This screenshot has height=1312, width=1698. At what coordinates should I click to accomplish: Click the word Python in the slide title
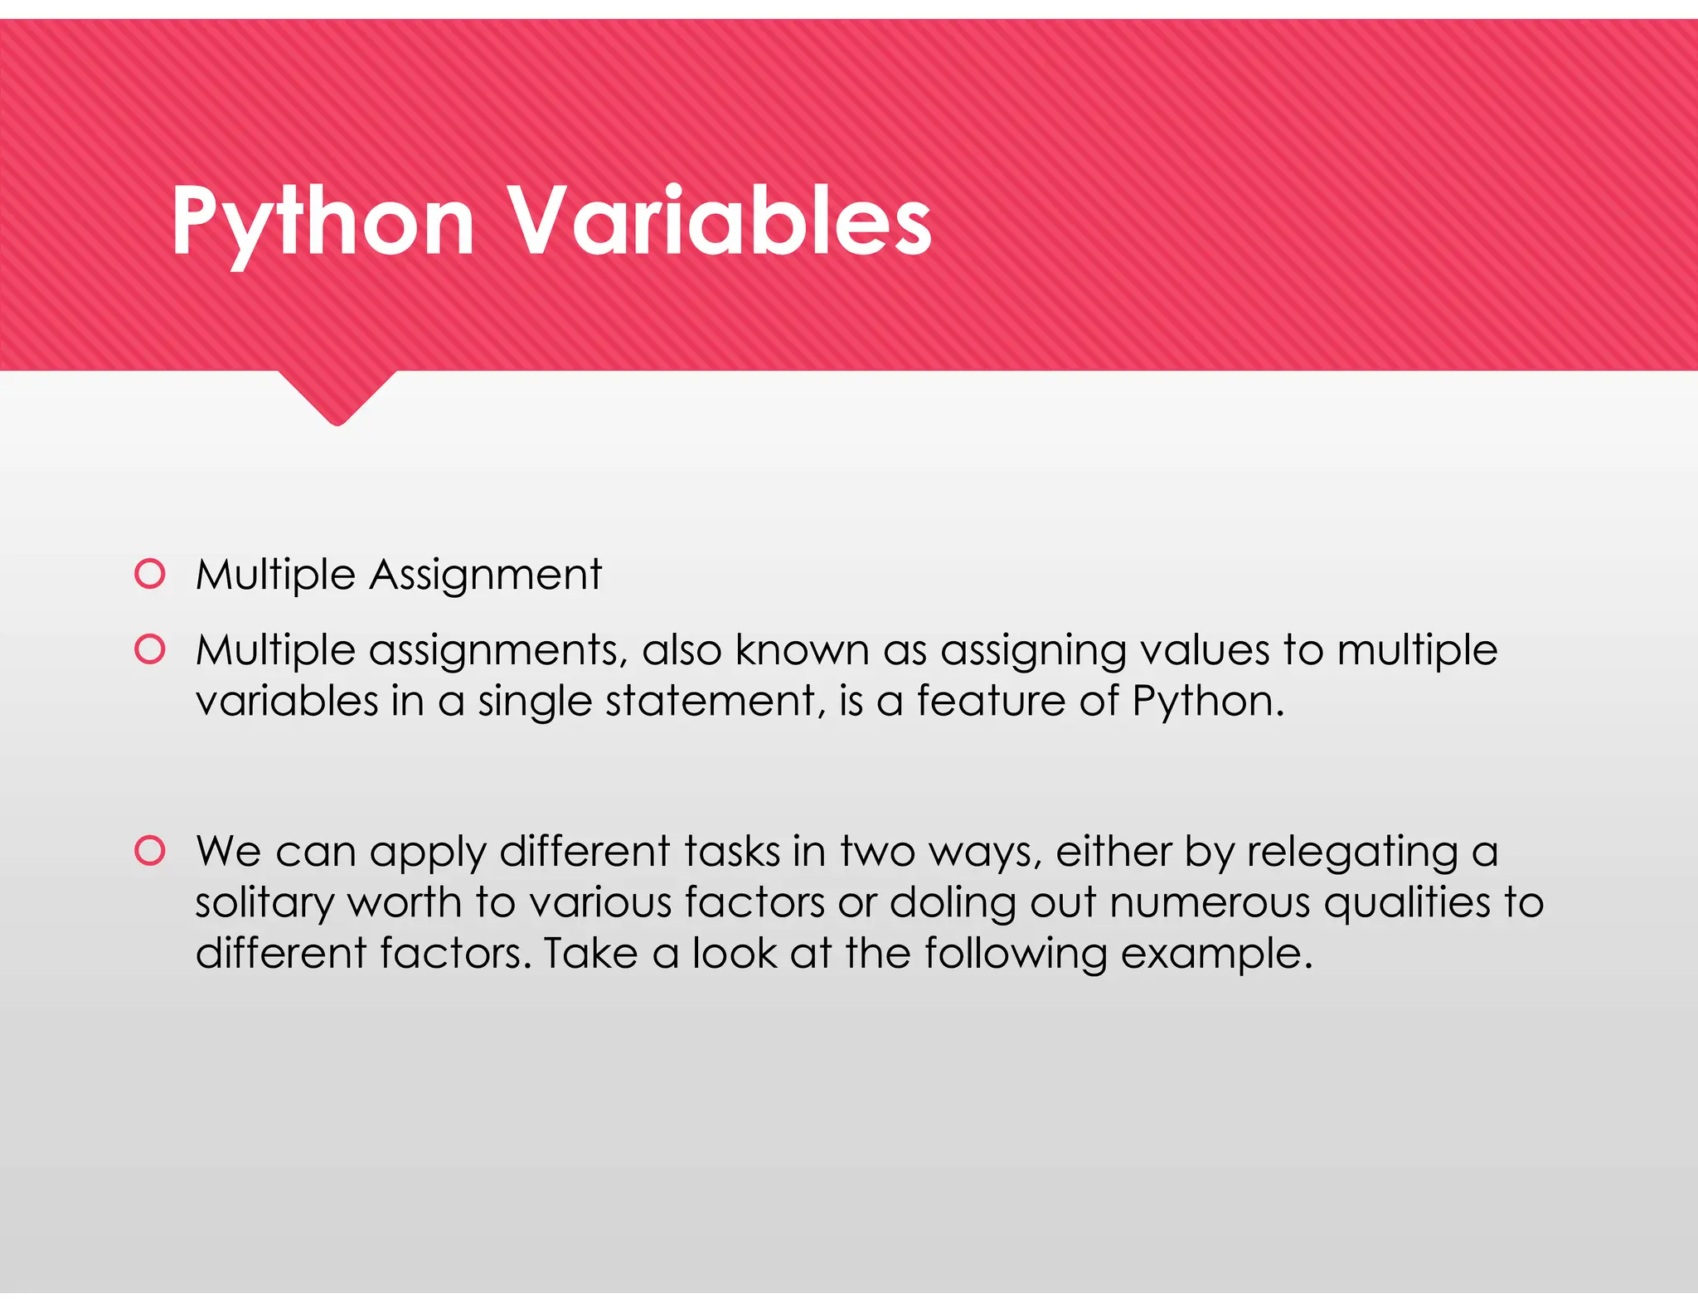click(x=323, y=222)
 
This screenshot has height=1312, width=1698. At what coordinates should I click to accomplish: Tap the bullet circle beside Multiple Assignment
click(x=150, y=574)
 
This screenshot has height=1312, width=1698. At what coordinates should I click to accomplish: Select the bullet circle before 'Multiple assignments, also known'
click(x=150, y=649)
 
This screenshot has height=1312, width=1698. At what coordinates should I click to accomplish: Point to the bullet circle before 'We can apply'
click(x=150, y=851)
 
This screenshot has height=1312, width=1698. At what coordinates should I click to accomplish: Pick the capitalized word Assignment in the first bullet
click(x=485, y=575)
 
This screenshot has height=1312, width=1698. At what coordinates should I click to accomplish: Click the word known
click(x=802, y=649)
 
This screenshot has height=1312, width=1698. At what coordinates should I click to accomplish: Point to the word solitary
click(x=264, y=903)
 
